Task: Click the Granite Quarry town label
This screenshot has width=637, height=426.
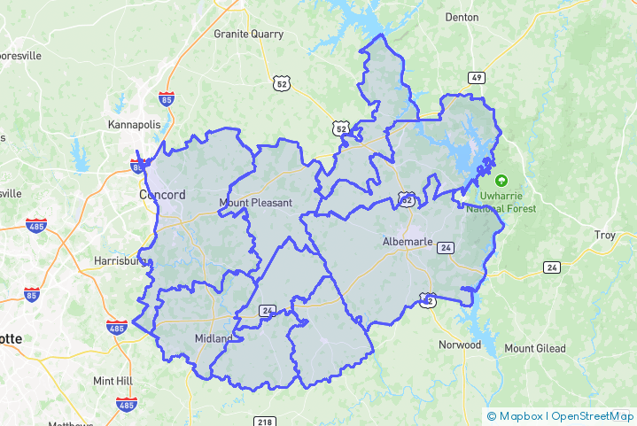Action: click(x=248, y=35)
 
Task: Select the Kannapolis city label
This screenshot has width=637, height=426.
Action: click(x=133, y=125)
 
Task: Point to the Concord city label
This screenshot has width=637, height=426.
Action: click(x=162, y=195)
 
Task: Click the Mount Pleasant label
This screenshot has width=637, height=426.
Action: click(x=255, y=203)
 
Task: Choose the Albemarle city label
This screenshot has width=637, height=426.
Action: click(x=408, y=242)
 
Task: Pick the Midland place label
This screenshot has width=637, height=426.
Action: click(x=213, y=339)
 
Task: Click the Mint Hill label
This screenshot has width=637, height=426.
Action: click(x=113, y=381)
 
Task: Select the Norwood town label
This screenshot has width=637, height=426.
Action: click(x=459, y=345)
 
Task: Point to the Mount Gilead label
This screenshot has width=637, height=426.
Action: click(x=535, y=349)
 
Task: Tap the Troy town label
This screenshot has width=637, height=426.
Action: click(x=604, y=235)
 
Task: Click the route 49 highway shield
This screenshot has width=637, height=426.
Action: click(x=477, y=78)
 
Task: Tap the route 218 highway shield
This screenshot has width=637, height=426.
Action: click(x=264, y=422)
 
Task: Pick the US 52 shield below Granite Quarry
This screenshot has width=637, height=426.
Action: click(x=281, y=83)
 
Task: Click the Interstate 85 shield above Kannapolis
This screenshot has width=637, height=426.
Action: click(x=166, y=98)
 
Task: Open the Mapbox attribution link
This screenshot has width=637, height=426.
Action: click(x=520, y=415)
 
